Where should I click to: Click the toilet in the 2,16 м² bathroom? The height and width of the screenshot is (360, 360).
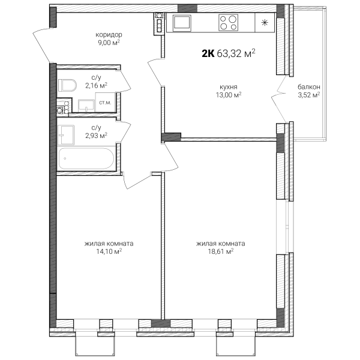pos(67,86)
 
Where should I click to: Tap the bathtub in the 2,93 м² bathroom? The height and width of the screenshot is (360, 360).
pos(86,158)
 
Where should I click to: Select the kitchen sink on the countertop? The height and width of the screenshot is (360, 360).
pos(182,23)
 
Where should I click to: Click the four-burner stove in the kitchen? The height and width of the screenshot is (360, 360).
pos(228,23)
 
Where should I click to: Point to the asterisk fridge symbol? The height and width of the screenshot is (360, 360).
pos(265,23)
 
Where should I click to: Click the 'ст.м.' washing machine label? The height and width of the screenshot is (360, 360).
pos(105,103)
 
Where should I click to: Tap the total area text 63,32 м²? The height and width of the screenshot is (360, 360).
pos(236,53)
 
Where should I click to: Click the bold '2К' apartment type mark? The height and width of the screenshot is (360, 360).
pos(208,54)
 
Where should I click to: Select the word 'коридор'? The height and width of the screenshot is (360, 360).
pos(109,35)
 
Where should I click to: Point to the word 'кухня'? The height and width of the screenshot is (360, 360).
pos(229,87)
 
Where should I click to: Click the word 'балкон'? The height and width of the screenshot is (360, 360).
pos(309,87)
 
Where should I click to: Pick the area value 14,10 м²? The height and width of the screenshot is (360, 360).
pos(109,251)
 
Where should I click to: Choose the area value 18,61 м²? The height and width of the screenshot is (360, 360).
pos(221,251)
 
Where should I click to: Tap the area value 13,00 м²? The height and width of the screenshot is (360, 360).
pos(229,95)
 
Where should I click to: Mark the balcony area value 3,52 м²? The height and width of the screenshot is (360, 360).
pos(309,95)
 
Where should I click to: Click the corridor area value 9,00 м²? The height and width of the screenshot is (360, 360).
pos(109,43)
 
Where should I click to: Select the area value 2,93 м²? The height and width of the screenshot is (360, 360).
pos(96,136)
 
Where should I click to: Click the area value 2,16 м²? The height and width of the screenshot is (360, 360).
pos(96,86)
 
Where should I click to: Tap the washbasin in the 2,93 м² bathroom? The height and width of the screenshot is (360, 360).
pos(66,135)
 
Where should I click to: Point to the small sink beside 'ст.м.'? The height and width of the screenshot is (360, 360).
pos(86,106)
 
